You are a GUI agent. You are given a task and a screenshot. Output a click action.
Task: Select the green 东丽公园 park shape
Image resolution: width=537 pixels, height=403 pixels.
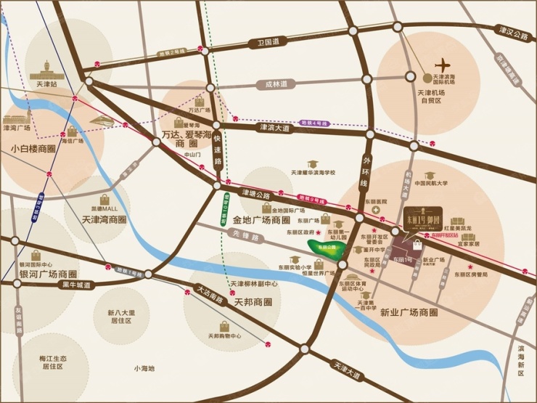(x=324, y=248)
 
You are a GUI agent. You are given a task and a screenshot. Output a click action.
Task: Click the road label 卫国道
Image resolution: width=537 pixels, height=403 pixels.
(x=268, y=43)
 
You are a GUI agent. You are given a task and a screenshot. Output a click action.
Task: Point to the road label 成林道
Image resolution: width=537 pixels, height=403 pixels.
(x=276, y=84)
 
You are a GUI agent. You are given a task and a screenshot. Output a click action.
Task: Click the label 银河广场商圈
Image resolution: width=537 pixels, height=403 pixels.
(x=49, y=273)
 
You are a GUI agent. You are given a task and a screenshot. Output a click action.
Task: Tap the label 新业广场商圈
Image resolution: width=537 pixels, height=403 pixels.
(x=409, y=312)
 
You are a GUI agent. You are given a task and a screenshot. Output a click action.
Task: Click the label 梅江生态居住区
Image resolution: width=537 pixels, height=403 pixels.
(x=53, y=362)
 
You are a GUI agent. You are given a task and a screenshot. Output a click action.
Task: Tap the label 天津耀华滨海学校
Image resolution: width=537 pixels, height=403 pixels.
(x=313, y=173)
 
